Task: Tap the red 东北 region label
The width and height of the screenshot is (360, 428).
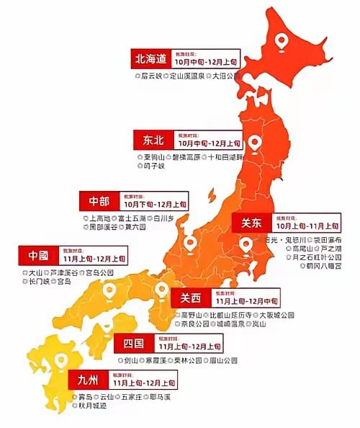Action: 153,138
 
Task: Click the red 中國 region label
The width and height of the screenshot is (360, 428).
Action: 37,254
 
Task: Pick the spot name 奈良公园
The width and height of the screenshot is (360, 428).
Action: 198,324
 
